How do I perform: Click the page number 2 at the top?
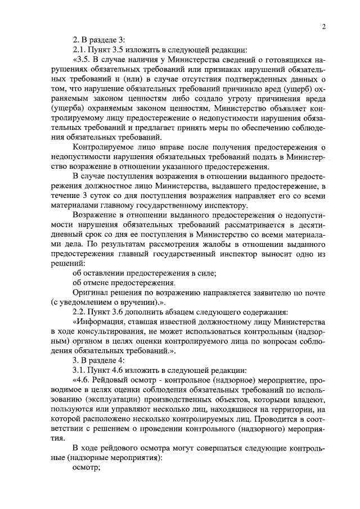point(325,26)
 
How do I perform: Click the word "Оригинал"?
point(91,292)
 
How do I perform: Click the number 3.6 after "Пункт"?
point(116,312)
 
